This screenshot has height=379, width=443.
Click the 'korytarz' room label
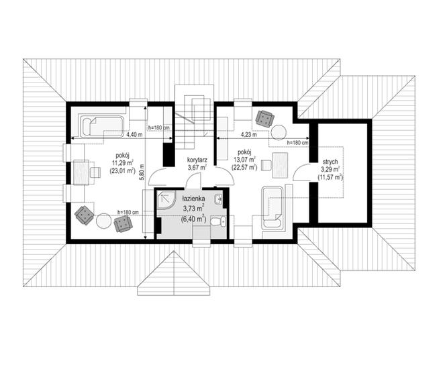point(197,160)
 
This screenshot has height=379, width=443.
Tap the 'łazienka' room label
point(194,199)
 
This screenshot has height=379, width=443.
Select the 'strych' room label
point(330,162)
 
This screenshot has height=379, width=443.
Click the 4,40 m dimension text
point(134,135)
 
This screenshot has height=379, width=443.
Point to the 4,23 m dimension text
point(248,135)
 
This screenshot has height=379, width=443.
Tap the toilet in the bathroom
point(218,221)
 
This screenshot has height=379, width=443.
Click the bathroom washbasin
point(218,199)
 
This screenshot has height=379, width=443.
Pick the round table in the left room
point(103,221)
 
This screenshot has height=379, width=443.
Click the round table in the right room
point(279,132)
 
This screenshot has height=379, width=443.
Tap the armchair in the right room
point(265,119)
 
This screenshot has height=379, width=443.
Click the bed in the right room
point(273,207)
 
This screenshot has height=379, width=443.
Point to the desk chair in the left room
point(95,172)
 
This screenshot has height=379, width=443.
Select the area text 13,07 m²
point(244,161)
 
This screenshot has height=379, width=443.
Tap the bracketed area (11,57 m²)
point(330,177)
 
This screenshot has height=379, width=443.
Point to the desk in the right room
point(281,165)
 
